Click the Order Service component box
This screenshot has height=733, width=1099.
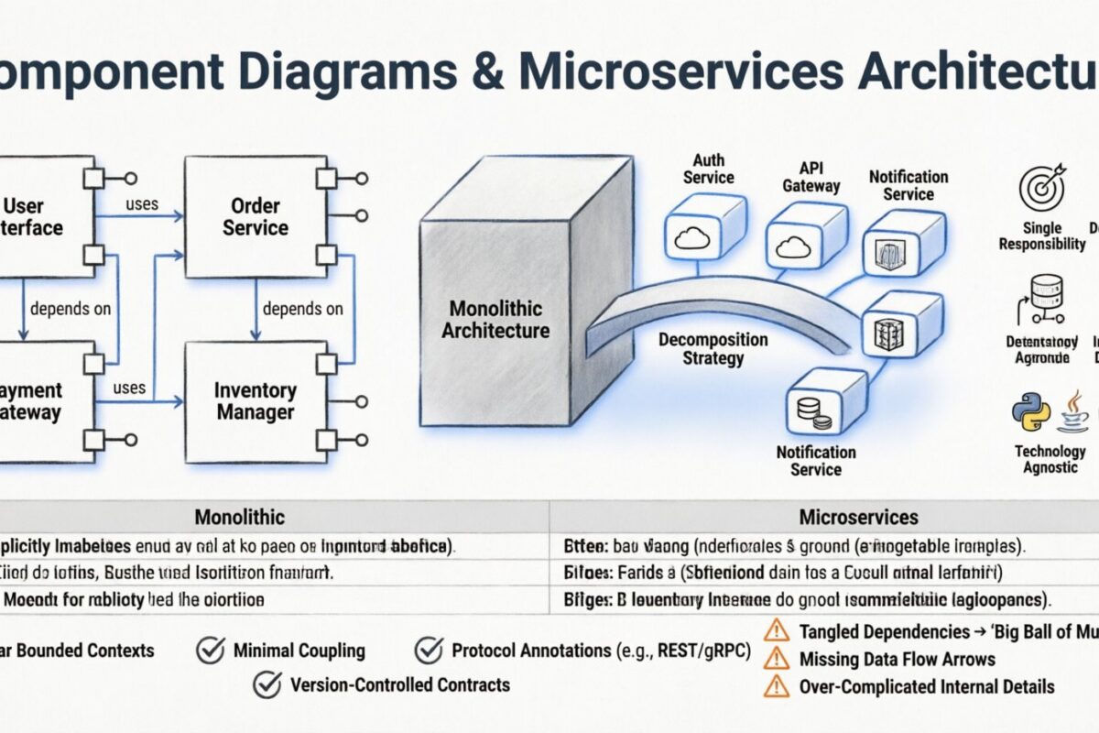255,216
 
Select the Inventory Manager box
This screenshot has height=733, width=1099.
255,401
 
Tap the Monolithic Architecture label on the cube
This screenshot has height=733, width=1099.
495,319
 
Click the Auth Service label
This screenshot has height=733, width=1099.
708,169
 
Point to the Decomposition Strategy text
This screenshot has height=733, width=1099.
713,348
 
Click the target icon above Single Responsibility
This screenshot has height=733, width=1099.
1042,189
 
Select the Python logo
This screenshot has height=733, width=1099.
1029,412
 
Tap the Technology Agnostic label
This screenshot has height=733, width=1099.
1049,459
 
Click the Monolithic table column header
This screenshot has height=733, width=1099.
240,517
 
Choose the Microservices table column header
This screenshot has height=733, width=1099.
858,517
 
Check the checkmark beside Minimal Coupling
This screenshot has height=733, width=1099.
211,651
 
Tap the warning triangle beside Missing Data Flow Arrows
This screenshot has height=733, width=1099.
776,658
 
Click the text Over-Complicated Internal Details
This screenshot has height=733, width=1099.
927,686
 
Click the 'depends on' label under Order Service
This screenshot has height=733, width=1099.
302,309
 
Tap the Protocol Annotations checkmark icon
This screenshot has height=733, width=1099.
429,651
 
